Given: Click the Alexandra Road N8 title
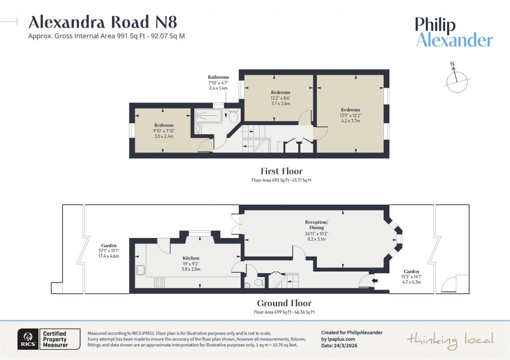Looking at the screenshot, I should pos(103,22).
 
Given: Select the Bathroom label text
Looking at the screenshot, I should pos(218,77).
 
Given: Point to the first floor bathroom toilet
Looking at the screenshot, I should pos(233,116).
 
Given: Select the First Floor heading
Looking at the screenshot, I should pos(281,171).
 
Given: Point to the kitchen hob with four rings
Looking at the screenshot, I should pos(160,282).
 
